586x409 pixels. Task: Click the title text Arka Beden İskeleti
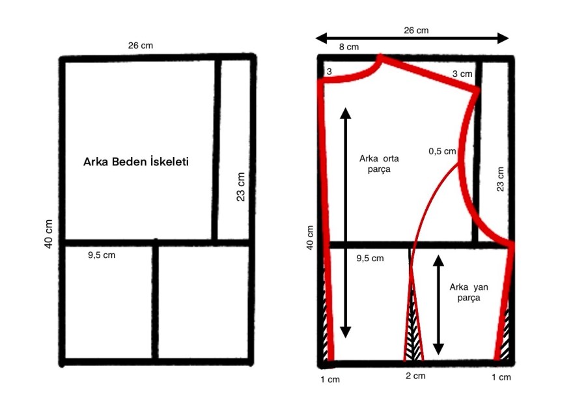(136, 162)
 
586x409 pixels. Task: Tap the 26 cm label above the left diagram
(141, 46)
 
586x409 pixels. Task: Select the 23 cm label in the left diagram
(241, 187)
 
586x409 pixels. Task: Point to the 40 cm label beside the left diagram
(49, 234)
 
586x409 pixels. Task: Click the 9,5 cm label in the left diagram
(102, 255)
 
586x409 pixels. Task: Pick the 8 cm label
(349, 47)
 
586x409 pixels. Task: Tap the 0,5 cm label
(443, 151)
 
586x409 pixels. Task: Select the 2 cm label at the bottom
(415, 376)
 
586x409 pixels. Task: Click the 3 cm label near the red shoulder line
(462, 74)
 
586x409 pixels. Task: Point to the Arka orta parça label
(379, 163)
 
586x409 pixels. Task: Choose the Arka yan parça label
(469, 292)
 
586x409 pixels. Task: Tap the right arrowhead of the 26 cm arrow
(503, 38)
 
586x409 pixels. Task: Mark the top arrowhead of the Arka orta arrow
(346, 113)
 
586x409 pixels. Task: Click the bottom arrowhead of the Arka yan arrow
(438, 349)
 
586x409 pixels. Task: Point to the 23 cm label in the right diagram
(501, 180)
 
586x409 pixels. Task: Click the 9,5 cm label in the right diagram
(370, 259)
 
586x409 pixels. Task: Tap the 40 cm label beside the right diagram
(310, 238)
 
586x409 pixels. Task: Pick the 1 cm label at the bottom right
(501, 378)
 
